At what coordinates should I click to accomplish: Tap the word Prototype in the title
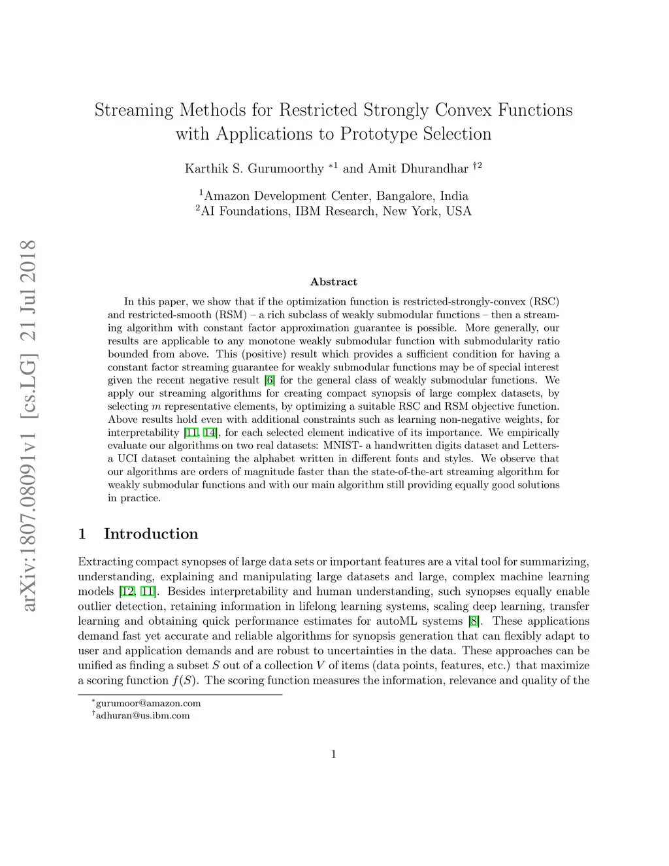pyautogui.click(x=378, y=134)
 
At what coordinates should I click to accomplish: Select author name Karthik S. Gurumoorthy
pyautogui.click(x=254, y=169)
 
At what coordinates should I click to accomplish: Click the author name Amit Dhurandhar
pyautogui.click(x=418, y=169)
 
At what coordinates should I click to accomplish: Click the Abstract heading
pyautogui.click(x=334, y=282)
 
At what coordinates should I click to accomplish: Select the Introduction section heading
pyautogui.click(x=150, y=534)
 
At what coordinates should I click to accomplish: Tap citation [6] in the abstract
pyautogui.click(x=269, y=380)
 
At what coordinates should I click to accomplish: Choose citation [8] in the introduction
pyautogui.click(x=474, y=621)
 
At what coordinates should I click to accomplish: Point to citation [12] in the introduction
pyautogui.click(x=126, y=591)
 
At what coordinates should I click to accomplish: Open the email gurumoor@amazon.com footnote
pyautogui.click(x=148, y=703)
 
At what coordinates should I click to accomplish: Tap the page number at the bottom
pyautogui.click(x=334, y=754)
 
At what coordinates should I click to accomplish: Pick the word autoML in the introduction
pyautogui.click(x=398, y=621)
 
